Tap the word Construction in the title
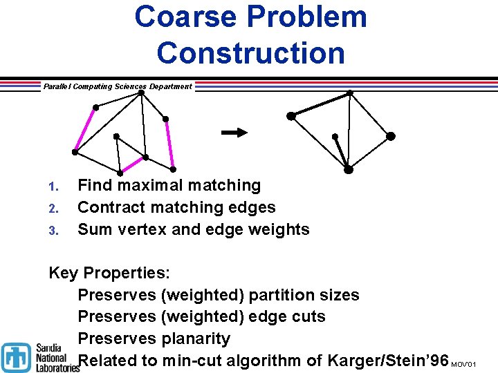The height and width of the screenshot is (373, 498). point(250,52)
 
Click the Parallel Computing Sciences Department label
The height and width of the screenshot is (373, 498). point(118,86)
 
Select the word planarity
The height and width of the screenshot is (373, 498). point(196,338)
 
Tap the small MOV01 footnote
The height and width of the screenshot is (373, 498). point(463,364)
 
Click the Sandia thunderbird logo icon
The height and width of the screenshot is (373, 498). point(15,357)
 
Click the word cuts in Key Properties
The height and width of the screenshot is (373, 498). point(306,316)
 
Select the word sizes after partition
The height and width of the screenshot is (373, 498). point(338,295)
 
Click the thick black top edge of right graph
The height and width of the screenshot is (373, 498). point(320,104)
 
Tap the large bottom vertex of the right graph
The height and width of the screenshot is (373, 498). point(349,169)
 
